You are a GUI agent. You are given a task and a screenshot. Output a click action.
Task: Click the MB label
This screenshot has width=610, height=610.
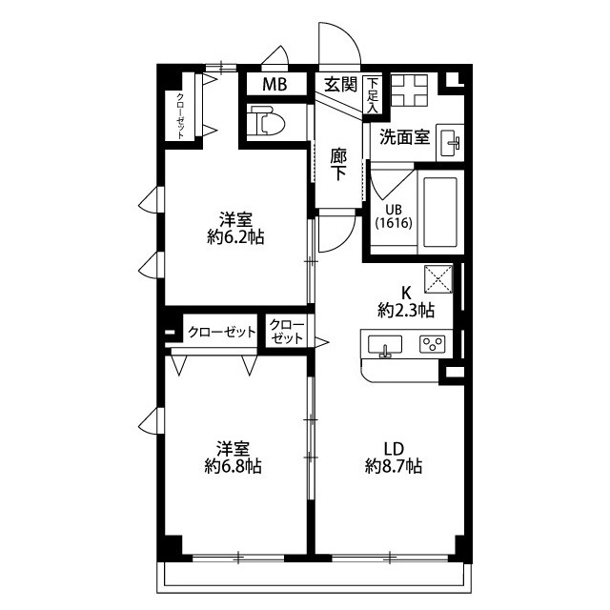274,85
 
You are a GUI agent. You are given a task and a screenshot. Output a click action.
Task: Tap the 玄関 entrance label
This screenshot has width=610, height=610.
341,84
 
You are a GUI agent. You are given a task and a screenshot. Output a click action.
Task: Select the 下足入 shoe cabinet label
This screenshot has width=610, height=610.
373,95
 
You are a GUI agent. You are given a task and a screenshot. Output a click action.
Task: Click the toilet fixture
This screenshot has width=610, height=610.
267,121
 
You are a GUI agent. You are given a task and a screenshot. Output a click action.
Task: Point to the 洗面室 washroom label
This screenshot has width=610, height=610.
404,136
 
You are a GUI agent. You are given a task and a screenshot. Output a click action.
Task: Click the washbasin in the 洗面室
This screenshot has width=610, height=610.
450,142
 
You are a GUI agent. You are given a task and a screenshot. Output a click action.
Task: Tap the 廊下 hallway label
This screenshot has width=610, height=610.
338,165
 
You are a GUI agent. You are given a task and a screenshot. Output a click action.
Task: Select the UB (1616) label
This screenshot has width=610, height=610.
394,216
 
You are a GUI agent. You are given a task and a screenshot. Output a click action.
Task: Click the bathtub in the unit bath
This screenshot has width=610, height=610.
440,212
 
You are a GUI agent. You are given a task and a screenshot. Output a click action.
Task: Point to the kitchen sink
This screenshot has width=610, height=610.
385,345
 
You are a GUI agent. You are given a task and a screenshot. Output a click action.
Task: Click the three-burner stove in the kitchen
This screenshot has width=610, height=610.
432,344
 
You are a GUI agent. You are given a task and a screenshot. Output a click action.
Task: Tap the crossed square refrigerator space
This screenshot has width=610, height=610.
438,279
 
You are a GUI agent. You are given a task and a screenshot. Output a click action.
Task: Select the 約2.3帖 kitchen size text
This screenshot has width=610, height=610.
406,311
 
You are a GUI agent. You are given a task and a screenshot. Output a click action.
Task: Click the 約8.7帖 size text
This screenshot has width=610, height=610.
394,466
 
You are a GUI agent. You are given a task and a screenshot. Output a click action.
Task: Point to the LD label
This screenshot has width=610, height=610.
394,449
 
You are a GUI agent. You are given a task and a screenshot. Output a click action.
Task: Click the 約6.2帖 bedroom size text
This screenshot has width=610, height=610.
235,237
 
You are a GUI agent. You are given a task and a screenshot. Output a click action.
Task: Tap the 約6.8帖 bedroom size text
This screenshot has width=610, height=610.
233,466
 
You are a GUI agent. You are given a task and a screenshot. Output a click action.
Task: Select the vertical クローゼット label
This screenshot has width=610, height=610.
180,116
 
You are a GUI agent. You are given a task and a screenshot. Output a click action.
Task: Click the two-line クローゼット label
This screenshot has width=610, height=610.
287,332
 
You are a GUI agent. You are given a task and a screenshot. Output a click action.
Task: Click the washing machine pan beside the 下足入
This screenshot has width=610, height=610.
409,91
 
